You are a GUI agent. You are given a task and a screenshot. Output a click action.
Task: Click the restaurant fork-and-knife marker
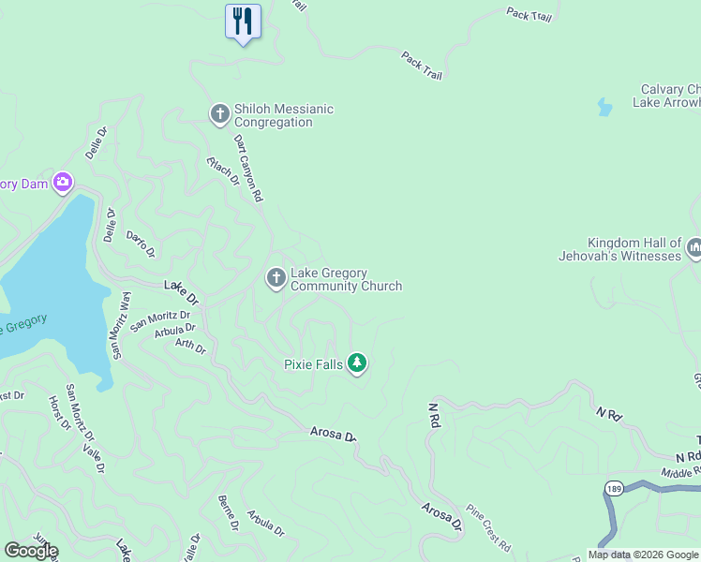243,21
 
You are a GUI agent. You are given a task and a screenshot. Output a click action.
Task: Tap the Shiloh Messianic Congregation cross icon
220,115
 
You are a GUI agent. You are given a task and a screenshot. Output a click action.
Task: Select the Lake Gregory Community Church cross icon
276,278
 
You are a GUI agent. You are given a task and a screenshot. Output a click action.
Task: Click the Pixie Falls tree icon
356,362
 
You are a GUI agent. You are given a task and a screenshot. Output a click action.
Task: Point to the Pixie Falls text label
313,363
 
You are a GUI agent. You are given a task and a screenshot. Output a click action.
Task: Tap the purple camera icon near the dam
64,182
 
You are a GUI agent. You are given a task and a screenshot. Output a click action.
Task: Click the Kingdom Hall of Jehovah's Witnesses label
634,249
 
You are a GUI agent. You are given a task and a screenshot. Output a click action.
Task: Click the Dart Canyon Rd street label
247,169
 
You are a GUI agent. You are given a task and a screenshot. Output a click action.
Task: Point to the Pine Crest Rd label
489,529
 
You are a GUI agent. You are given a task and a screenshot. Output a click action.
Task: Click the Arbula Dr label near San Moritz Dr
174,329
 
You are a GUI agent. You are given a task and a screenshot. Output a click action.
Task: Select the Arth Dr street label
190,346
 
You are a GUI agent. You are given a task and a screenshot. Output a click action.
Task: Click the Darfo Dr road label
140,245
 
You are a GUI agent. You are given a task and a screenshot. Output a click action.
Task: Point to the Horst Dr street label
59,413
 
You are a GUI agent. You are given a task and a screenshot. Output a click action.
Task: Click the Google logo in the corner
31,551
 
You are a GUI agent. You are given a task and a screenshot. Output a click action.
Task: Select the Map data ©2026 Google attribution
644,555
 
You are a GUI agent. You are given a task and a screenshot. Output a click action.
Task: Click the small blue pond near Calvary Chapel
604,108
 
